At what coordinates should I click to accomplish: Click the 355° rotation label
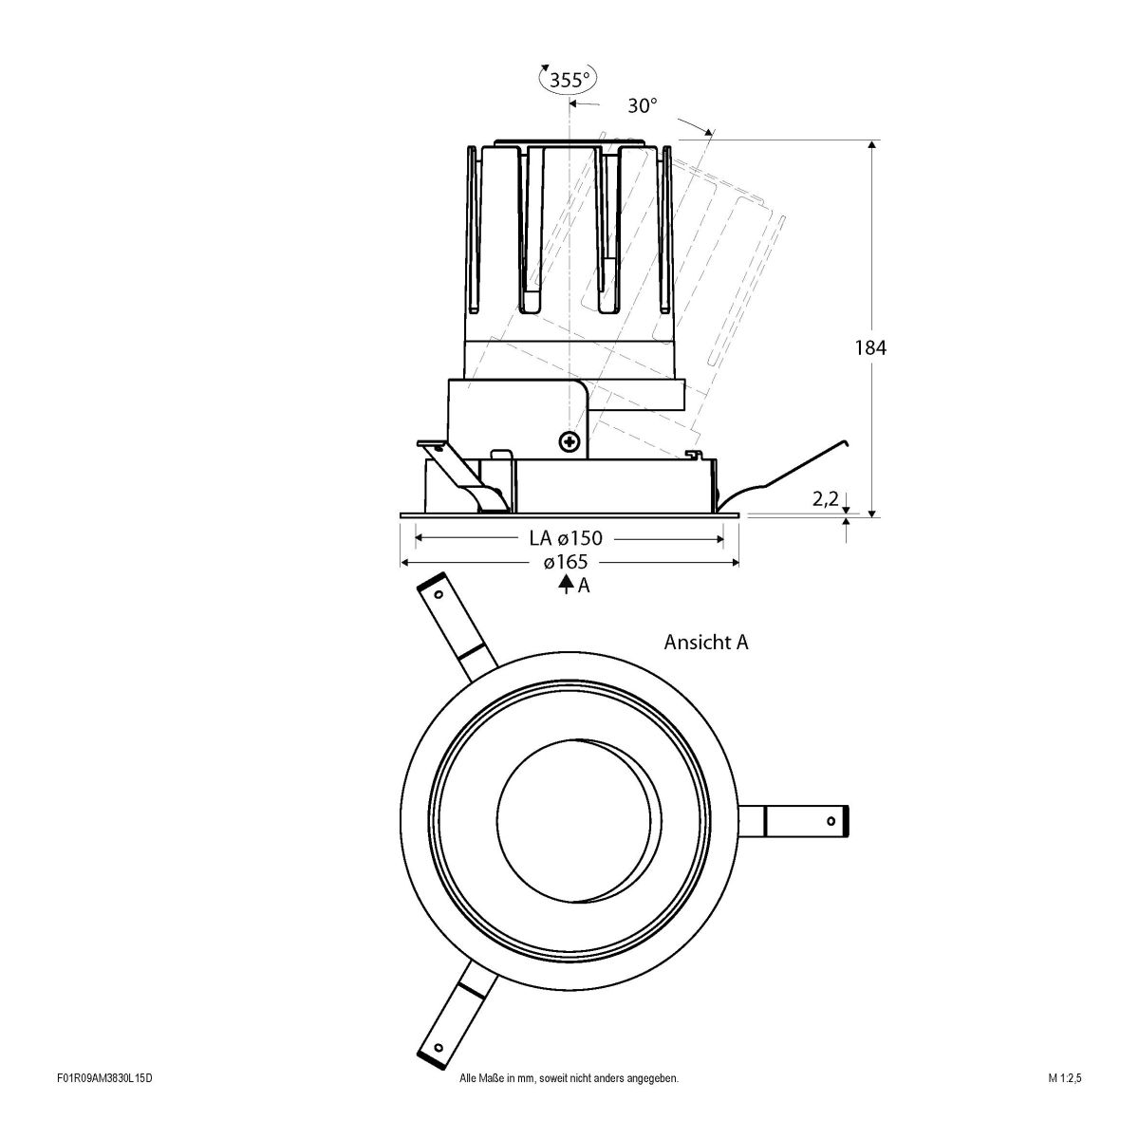(x=569, y=80)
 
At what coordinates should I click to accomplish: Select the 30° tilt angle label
(x=643, y=105)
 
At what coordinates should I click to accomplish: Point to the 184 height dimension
(x=869, y=348)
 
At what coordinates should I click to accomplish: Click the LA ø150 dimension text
(x=567, y=538)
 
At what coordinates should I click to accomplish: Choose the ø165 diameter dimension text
(x=566, y=563)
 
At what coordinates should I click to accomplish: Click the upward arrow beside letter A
(x=566, y=585)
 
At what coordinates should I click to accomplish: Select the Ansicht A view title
(x=706, y=643)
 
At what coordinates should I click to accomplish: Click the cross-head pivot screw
(x=569, y=440)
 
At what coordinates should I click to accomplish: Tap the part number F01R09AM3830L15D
(x=104, y=1106)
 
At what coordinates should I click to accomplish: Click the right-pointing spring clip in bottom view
(x=807, y=820)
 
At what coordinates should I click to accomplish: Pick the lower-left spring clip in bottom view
(x=454, y=1016)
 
